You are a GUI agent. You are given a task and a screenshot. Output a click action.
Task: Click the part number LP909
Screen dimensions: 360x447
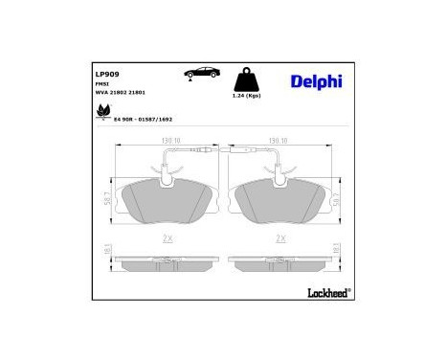(106, 72)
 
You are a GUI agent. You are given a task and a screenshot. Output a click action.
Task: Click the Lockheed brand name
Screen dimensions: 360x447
(326, 290)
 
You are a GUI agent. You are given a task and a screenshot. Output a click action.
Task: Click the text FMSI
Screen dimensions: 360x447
(101, 84)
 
